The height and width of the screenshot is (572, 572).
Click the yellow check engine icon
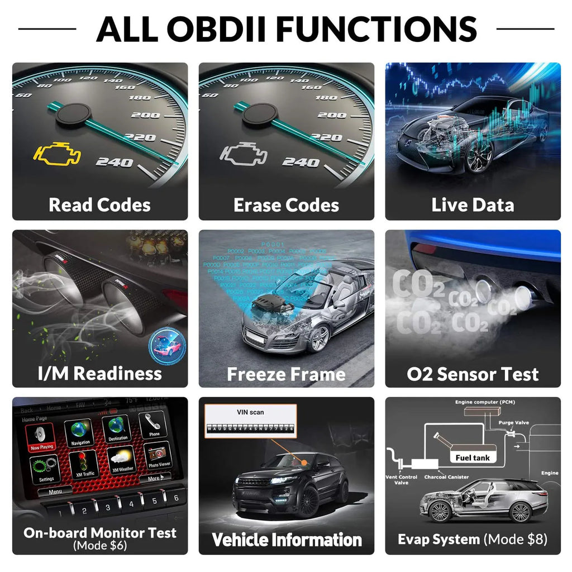click(x=57, y=155)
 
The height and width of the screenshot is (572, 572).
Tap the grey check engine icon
click(x=243, y=155)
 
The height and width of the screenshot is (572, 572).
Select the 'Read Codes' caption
click(x=99, y=205)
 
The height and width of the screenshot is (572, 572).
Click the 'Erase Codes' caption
click(x=286, y=205)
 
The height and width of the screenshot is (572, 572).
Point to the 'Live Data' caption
click(x=473, y=205)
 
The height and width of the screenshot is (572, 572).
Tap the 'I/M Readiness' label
click(x=99, y=373)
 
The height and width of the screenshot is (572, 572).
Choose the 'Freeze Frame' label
click(x=286, y=374)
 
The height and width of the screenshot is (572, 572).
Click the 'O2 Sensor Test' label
click(x=473, y=374)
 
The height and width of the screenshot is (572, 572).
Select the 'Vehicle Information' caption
click(x=286, y=540)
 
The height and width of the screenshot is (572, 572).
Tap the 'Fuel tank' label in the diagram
click(x=472, y=457)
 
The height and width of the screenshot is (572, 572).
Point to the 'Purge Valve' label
click(x=514, y=423)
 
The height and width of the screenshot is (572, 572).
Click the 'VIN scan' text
click(x=250, y=412)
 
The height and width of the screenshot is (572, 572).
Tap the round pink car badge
click(x=166, y=347)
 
